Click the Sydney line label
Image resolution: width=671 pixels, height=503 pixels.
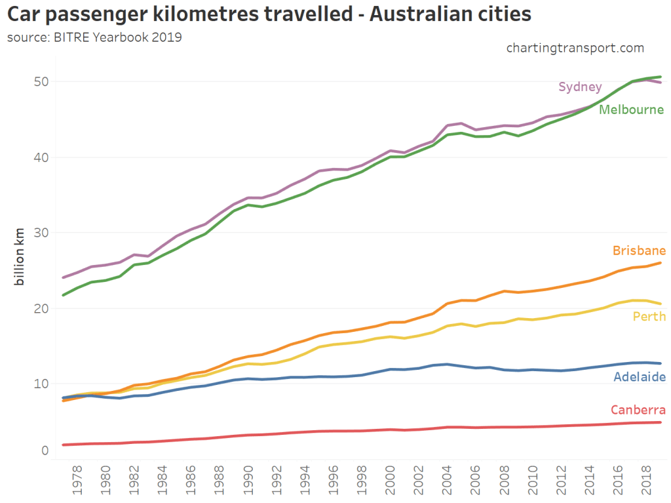(x=580, y=87)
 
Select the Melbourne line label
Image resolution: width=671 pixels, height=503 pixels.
(x=632, y=110)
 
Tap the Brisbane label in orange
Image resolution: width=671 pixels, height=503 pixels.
(x=640, y=251)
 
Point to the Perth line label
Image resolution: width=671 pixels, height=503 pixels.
(x=649, y=317)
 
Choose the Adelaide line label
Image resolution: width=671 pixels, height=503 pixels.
(x=640, y=377)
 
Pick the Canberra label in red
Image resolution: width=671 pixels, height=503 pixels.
(x=638, y=411)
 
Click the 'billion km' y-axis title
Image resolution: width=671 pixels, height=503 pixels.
(x=20, y=256)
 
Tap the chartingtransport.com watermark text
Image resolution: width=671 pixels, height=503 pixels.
(x=575, y=48)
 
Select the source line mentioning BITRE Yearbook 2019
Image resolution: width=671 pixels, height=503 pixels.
(x=94, y=37)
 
